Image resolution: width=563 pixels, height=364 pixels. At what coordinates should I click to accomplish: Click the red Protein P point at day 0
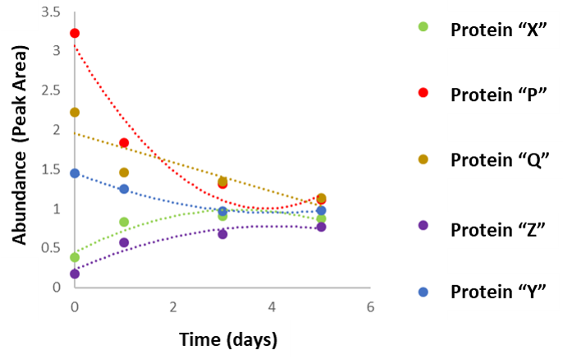(x=75, y=34)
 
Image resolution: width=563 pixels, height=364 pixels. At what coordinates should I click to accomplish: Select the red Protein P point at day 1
(x=124, y=143)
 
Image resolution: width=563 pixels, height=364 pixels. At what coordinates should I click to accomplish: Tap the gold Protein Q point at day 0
(x=75, y=112)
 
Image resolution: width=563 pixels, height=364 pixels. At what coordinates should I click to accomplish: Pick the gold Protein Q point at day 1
(x=124, y=173)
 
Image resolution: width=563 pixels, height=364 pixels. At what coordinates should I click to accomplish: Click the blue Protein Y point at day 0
(x=75, y=173)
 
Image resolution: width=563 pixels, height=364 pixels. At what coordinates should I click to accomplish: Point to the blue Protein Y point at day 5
(x=321, y=211)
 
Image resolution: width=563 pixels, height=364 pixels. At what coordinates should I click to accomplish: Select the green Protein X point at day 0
(x=75, y=257)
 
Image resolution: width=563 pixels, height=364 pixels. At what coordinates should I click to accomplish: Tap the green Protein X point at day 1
(x=124, y=222)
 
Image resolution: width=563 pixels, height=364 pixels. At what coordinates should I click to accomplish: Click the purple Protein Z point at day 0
(x=75, y=274)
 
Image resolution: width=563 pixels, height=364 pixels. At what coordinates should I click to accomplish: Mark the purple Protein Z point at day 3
(x=222, y=234)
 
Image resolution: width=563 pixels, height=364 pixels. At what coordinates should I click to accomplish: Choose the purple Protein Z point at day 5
(x=321, y=227)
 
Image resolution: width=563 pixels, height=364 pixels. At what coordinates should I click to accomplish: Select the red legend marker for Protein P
(x=423, y=93)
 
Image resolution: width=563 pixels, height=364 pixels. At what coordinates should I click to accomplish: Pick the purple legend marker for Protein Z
(x=423, y=225)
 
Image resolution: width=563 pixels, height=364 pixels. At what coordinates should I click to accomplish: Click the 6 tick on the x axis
(x=370, y=306)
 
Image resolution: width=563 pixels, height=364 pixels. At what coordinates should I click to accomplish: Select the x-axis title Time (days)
(x=228, y=339)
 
